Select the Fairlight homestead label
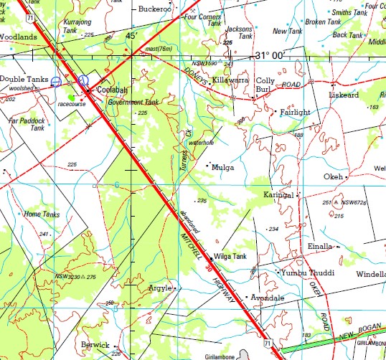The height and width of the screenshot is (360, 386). tap(296, 113)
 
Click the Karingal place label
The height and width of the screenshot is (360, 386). tap(280, 194)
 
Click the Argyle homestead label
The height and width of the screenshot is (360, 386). tap(159, 288)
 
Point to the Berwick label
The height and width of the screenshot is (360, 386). tap(95, 344)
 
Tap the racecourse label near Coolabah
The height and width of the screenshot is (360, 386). tap(71, 103)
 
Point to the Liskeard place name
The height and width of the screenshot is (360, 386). tap(344, 95)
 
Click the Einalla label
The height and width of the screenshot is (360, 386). tap(320, 246)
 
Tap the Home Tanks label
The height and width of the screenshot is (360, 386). tap(42, 214)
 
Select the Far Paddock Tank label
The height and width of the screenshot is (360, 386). tap(27, 123)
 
